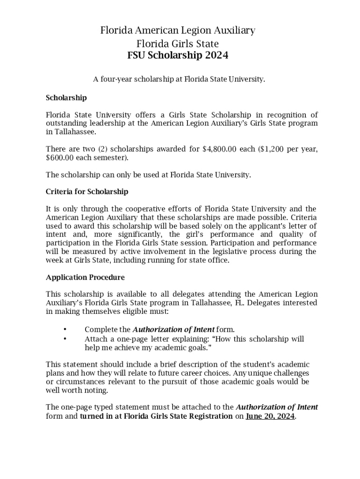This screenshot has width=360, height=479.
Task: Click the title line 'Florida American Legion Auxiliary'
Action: (x=178, y=31)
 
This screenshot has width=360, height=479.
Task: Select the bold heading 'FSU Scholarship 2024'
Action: (x=178, y=56)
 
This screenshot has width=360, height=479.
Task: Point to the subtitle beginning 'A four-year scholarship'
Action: (x=179, y=80)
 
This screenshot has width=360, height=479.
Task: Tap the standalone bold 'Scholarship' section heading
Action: (x=66, y=98)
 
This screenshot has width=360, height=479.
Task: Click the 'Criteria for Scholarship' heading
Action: (x=87, y=192)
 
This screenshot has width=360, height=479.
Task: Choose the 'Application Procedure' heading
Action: (x=85, y=277)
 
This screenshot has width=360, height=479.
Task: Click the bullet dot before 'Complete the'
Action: (x=65, y=329)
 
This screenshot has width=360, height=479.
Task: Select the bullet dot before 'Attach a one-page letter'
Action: (x=65, y=338)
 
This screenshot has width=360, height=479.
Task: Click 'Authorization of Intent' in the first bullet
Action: (x=173, y=329)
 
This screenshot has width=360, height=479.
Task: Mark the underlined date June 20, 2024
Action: (x=270, y=416)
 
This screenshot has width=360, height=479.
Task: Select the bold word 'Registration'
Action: (x=210, y=416)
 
